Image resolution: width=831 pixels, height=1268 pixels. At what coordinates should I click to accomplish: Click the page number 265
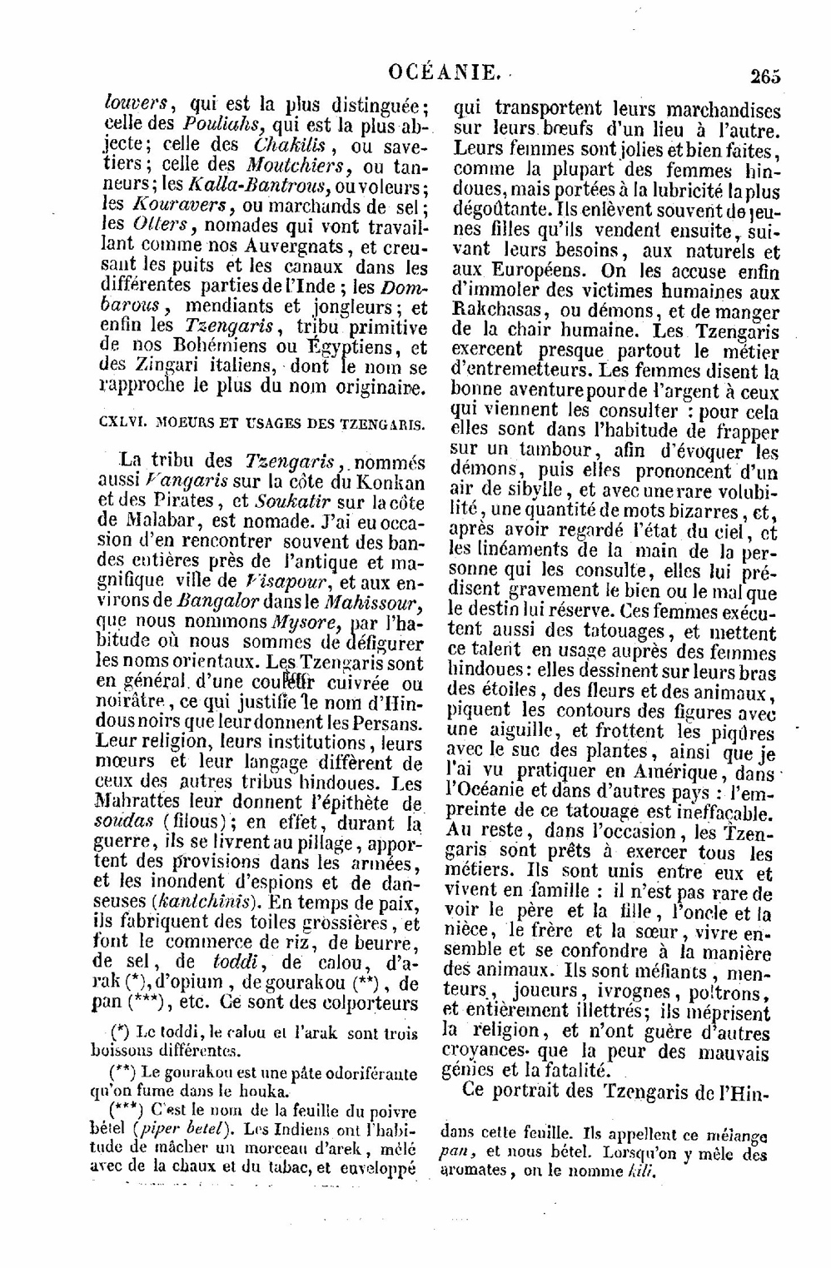[764, 76]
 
